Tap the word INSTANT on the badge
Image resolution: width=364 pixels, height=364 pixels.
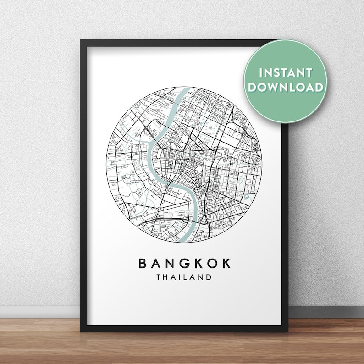[x=286, y=73]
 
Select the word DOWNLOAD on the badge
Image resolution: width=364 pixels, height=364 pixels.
[x=287, y=87]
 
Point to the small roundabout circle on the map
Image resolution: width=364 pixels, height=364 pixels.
[x=158, y=209]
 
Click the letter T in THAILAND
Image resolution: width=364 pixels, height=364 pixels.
[x=158, y=277]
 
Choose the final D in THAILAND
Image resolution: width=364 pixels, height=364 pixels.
[x=210, y=277]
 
